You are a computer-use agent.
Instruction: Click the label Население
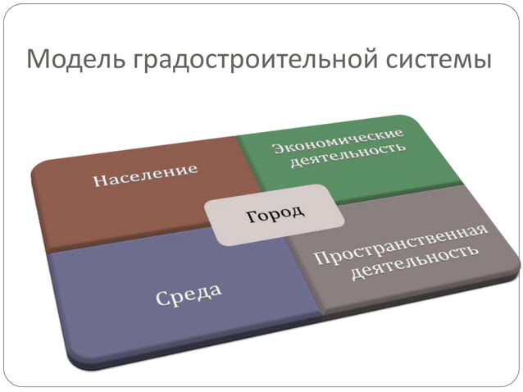click(145, 175)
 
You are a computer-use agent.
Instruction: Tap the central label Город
click(275, 214)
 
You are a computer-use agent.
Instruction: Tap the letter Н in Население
click(98, 181)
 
